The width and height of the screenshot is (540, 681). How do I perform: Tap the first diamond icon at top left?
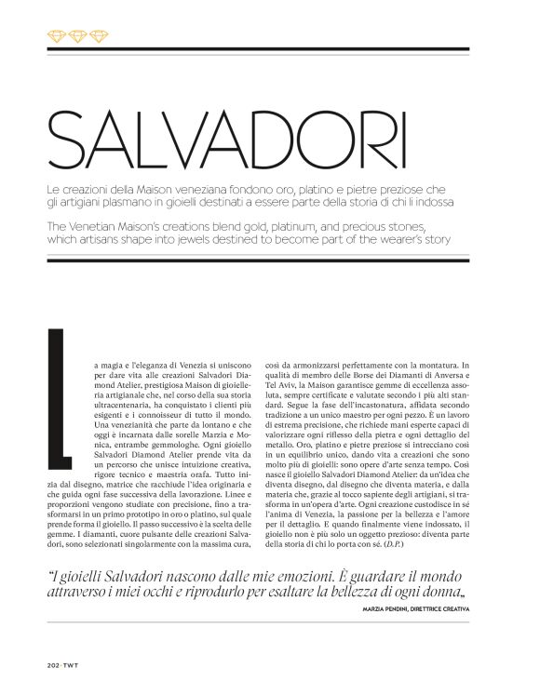pos(55,35)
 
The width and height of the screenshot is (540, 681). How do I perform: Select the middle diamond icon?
pos(77,35)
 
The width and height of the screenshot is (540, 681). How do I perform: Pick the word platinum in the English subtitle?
pos(311,228)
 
